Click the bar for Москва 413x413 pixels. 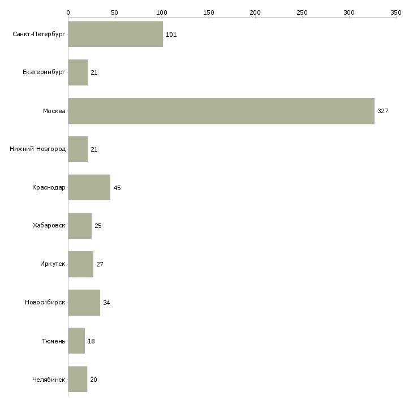pyautogui.click(x=221, y=111)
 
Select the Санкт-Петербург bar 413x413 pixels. pyautogui.click(x=115, y=35)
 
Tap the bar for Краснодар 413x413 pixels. pyautogui.click(x=89, y=188)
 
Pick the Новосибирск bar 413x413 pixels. pyautogui.click(x=84, y=303)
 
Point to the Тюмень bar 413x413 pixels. pyautogui.click(x=76, y=341)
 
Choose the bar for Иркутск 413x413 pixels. pyautogui.click(x=80, y=264)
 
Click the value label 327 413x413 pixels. pyautogui.click(x=383, y=111)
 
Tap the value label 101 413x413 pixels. pyautogui.click(x=171, y=35)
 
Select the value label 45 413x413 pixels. pyautogui.click(x=117, y=188)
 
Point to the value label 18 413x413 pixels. pyautogui.click(x=91, y=341)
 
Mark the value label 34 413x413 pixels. pyautogui.click(x=106, y=303)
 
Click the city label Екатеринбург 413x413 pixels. pyautogui.click(x=44, y=73)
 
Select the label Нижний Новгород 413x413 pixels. pyautogui.click(x=38, y=149)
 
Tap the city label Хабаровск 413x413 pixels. pyautogui.click(x=49, y=226)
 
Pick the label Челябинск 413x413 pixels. pyautogui.click(x=49, y=380)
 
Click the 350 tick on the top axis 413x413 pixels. pyautogui.click(x=396, y=12)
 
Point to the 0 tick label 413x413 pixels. pyautogui.click(x=68, y=12)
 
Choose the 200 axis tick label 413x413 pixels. pyautogui.click(x=255, y=12)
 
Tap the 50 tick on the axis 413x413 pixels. pyautogui.click(x=115, y=12)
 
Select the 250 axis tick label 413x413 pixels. pyautogui.click(x=302, y=12)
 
